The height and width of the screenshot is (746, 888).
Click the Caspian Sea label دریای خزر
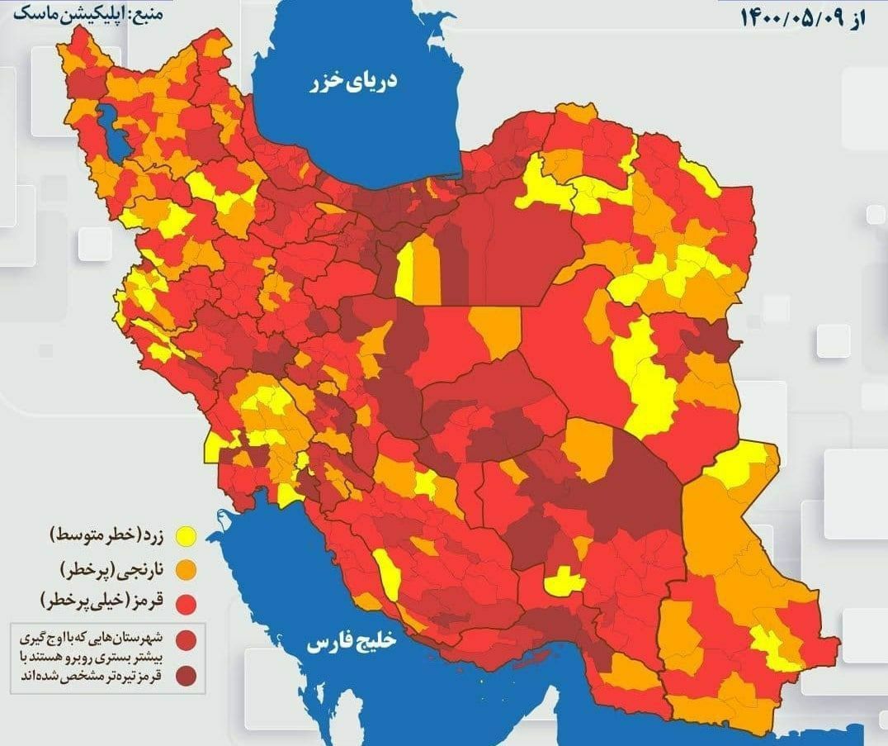pyautogui.click(x=353, y=82)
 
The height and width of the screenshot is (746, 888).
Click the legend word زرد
pyautogui.click(x=159, y=537)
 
